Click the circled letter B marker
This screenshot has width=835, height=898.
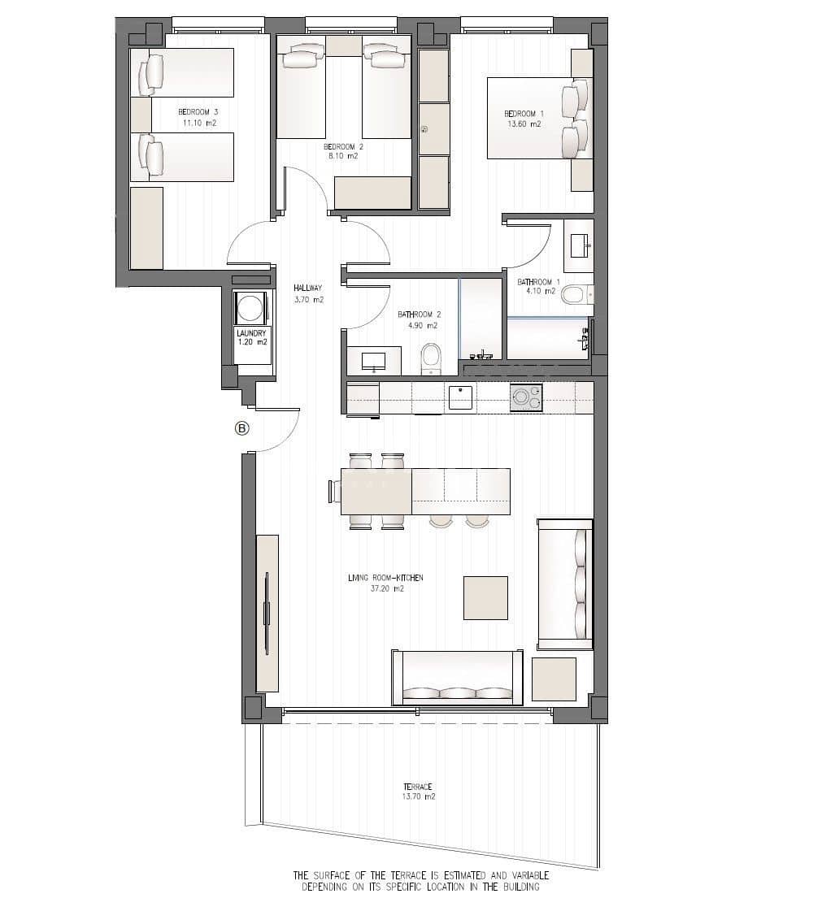tap(242, 427)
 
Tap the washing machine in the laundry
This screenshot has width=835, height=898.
tap(250, 308)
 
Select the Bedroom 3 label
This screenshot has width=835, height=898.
tap(198, 112)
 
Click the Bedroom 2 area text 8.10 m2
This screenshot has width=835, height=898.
tap(343, 156)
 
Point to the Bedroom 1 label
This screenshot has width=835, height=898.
tap(524, 114)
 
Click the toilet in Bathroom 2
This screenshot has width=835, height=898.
tap(430, 358)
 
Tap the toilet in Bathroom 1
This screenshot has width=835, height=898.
tap(576, 296)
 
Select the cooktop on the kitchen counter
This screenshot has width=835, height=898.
tap(526, 397)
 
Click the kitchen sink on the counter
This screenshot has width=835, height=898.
tap(460, 397)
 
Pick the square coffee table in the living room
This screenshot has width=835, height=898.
tap(485, 598)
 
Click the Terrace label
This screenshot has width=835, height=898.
tap(417, 787)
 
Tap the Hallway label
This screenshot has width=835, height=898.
tap(308, 288)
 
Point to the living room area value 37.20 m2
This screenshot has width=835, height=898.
tap(387, 588)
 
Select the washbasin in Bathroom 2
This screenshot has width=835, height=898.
tap(374, 362)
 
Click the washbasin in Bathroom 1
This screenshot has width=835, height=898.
tap(578, 245)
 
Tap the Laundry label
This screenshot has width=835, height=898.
tap(251, 333)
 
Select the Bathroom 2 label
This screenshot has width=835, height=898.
tap(420, 315)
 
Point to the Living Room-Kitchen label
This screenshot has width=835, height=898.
tap(385, 578)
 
